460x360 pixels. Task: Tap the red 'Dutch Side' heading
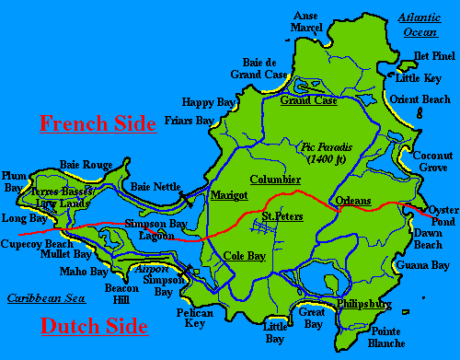click(x=93, y=325)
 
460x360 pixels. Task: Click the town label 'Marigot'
click(x=229, y=196)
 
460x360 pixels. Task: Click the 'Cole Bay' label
click(x=245, y=255)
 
